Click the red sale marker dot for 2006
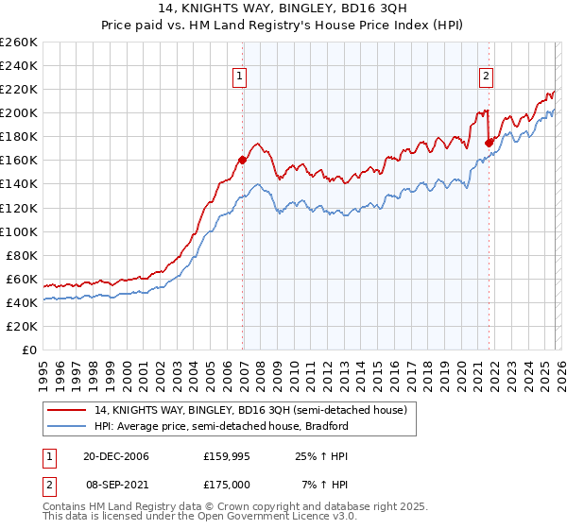243,160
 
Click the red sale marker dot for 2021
489,143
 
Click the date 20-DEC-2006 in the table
116,456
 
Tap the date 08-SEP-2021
116,485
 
